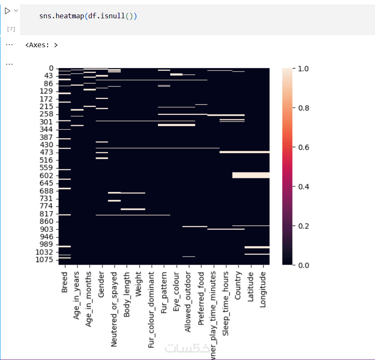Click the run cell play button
click(x=7, y=11)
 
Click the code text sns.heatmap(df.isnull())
click(x=88, y=16)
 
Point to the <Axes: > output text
click(x=41, y=44)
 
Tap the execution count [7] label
click(x=11, y=29)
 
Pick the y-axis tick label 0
click(x=51, y=68)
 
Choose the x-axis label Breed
click(x=65, y=282)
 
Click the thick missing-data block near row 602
click(x=251, y=175)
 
